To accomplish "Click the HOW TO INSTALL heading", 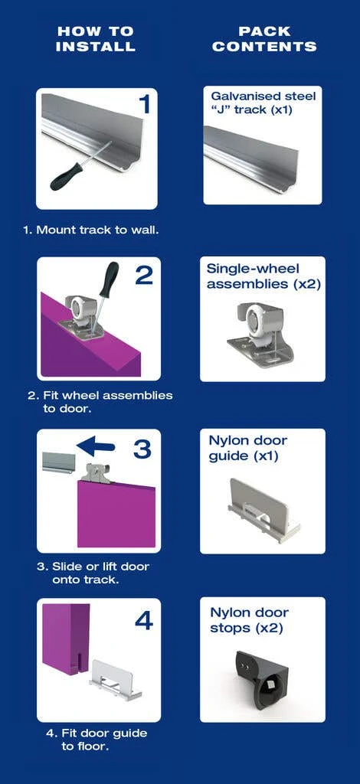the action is (96, 39).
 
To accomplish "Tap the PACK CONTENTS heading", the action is (264, 39).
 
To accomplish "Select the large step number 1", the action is (144, 104).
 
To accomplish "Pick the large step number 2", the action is (144, 275).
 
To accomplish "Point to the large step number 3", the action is (142, 449).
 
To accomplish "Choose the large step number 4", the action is (143, 620).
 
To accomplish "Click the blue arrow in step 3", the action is (95, 446).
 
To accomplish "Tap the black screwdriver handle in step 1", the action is (67, 176).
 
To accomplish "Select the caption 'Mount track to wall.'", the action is (91, 230).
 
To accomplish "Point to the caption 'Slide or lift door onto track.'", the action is (93, 573).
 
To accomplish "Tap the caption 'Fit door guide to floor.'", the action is (97, 740).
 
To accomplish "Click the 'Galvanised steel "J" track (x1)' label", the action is (263, 103).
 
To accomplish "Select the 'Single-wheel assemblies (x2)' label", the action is (263, 276).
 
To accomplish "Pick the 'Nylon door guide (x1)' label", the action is (248, 449).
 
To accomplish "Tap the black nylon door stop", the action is (262, 678).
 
